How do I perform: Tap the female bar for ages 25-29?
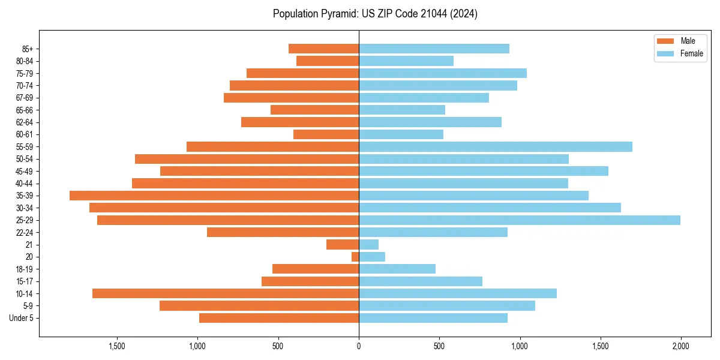(x=519, y=220)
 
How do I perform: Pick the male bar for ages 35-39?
(x=214, y=196)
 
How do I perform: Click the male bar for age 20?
(x=355, y=257)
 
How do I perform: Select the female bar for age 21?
(x=368, y=245)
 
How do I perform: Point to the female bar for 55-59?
(x=495, y=146)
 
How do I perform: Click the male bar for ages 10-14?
(x=226, y=293)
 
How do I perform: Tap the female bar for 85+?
(x=434, y=49)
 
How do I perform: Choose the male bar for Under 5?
(x=279, y=318)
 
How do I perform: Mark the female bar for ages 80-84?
(x=406, y=61)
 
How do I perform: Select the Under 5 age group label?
(x=22, y=318)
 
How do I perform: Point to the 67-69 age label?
(x=25, y=98)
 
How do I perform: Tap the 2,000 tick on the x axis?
(x=680, y=346)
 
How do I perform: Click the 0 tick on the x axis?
(x=359, y=346)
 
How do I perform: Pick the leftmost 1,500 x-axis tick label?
(x=117, y=346)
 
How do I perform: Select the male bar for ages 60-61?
(x=326, y=134)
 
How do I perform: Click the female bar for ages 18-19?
(x=397, y=269)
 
